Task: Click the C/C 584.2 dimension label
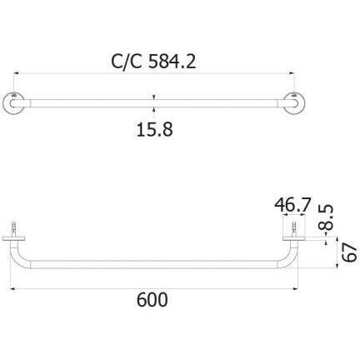coord(153,62)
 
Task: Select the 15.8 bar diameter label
coord(154,129)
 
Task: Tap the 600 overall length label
coord(152,299)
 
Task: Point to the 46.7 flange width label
coord(292,205)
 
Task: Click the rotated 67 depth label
coord(349,252)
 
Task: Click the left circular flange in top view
coord(13,102)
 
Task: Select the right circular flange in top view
coord(294,102)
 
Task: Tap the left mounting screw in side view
coord(13,229)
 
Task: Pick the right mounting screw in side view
coord(294,229)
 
